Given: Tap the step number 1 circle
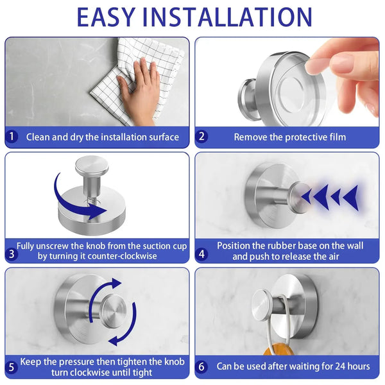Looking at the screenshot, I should [12, 137].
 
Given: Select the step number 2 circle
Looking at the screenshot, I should [201, 137].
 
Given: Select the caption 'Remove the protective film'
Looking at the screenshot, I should [289, 137].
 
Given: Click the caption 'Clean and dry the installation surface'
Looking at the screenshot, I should [103, 137].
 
